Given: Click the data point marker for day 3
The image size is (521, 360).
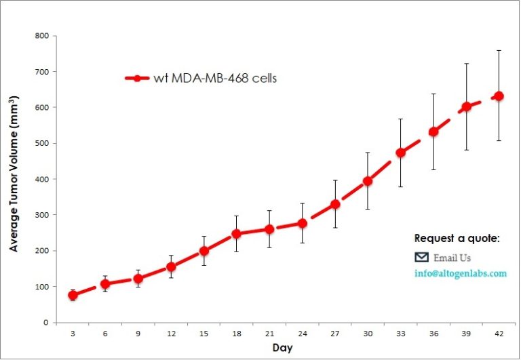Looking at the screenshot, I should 73,296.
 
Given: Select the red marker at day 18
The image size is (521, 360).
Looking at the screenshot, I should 237,234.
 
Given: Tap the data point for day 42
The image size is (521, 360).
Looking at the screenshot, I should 499,96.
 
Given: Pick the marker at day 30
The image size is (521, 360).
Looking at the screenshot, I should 368,181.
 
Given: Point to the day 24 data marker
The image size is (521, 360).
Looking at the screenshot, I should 302,223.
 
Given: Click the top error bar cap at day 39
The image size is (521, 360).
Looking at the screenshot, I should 466,64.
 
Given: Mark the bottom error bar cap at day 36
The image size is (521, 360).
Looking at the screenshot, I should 433,169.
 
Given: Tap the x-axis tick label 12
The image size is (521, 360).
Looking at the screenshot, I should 171,334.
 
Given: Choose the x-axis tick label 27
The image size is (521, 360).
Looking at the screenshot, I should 334,334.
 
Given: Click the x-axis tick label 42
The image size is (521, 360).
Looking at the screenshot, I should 499,334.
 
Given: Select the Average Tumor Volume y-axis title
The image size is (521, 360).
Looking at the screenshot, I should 14,174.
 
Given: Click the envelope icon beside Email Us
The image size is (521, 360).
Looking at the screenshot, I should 421,257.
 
